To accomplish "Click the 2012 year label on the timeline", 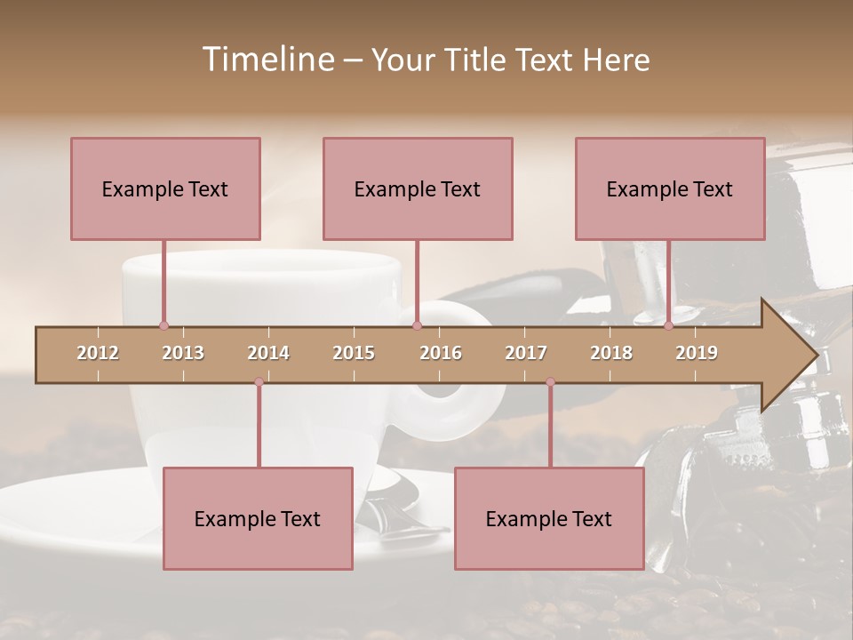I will [98, 353].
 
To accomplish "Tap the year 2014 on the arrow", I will [268, 353].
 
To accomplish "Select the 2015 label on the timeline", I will [354, 353].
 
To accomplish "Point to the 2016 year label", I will [441, 353].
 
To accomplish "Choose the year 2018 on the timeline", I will [611, 353].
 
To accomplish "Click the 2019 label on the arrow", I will [697, 353].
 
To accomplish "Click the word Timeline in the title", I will [267, 60].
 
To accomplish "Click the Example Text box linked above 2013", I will [165, 188].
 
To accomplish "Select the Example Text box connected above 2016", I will [418, 188].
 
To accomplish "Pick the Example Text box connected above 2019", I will [670, 188].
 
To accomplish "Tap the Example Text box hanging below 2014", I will [258, 518].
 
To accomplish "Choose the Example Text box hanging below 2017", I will [549, 518].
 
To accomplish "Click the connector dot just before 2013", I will [163, 325].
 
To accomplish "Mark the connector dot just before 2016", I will [417, 325].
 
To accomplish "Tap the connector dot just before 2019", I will [668, 325].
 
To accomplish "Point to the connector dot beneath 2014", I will [259, 382].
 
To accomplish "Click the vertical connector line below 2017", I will [550, 425].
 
